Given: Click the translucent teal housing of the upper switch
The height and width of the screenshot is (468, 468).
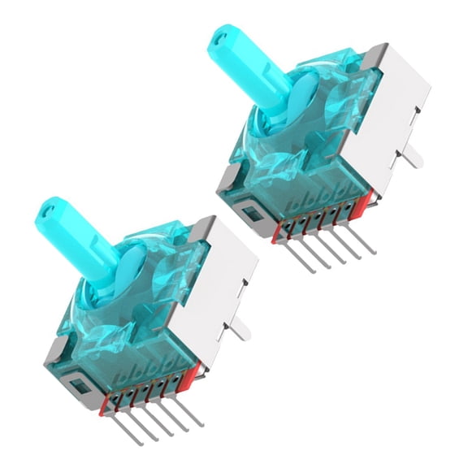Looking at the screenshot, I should coord(301,138).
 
